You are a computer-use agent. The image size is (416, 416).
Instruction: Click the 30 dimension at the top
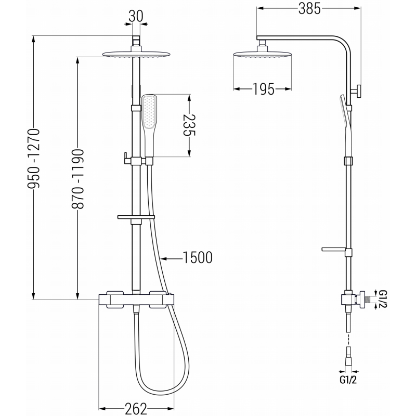(136, 17)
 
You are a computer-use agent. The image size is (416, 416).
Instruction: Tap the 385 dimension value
(310, 8)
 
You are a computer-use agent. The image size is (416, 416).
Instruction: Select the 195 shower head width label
(264, 89)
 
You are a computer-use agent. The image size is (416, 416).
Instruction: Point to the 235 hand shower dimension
(190, 125)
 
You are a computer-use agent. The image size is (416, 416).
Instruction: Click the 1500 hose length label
(197, 257)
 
